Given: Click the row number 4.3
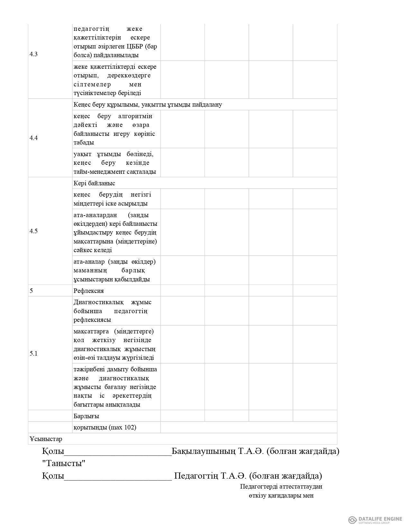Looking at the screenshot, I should [33, 54].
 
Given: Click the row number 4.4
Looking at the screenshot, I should [33, 138].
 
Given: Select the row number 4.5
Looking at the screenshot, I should [33, 231].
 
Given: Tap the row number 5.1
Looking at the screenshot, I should [33, 353].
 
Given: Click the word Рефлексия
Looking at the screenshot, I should [88, 291].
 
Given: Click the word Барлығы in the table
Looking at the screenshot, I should [86, 416].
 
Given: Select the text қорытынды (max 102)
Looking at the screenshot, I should [105, 427].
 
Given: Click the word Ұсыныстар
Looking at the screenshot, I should [46, 439].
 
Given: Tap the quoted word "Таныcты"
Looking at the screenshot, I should [64, 464].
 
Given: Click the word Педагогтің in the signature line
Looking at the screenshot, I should [196, 476].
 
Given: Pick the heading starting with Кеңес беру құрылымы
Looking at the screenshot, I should [148, 104].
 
